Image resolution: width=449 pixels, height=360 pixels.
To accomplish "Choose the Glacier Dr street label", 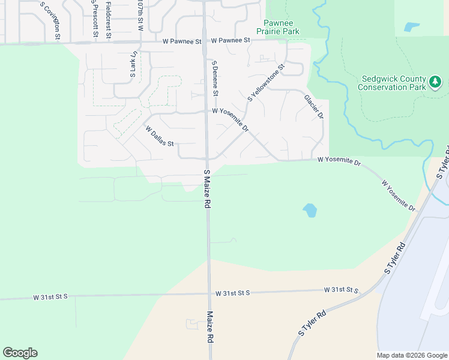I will pos(313,106).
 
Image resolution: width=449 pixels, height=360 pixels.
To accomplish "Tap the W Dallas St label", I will pos(160,136).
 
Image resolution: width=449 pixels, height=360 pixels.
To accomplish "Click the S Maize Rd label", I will pos(207,188).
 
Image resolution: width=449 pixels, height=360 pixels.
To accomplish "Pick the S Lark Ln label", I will pos(133,64).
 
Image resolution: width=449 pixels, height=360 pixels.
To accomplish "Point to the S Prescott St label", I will pos(95,18).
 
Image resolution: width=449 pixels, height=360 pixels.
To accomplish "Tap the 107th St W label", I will pos(139,15).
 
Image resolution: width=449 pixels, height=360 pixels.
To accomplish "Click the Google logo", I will pos(20,353).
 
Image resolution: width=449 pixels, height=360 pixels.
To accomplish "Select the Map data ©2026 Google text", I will pos(411,355).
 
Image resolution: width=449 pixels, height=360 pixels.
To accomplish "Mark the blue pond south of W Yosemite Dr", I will pos(310,210).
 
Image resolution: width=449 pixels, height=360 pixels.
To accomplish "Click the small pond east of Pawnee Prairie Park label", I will pos(412,26).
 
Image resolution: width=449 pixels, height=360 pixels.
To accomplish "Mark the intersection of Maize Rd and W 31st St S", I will pos(209,293).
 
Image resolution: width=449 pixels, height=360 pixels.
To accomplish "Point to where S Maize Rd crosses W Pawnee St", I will pos(204,41).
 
